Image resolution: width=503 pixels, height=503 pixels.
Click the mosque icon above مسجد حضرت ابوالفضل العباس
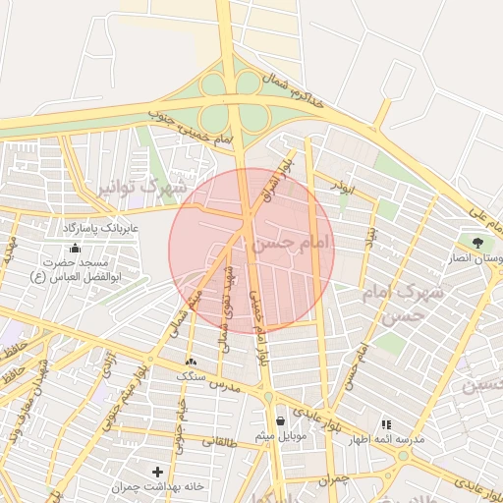pos(76,248)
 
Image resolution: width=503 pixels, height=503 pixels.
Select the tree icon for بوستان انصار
pos(477,242)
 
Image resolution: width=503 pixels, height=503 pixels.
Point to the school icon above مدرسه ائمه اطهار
pos(385,424)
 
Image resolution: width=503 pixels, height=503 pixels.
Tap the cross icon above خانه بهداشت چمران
pos(157,472)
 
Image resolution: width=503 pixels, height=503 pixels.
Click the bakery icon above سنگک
pos(191,362)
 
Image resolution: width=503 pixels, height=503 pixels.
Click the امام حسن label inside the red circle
pos(292,242)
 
